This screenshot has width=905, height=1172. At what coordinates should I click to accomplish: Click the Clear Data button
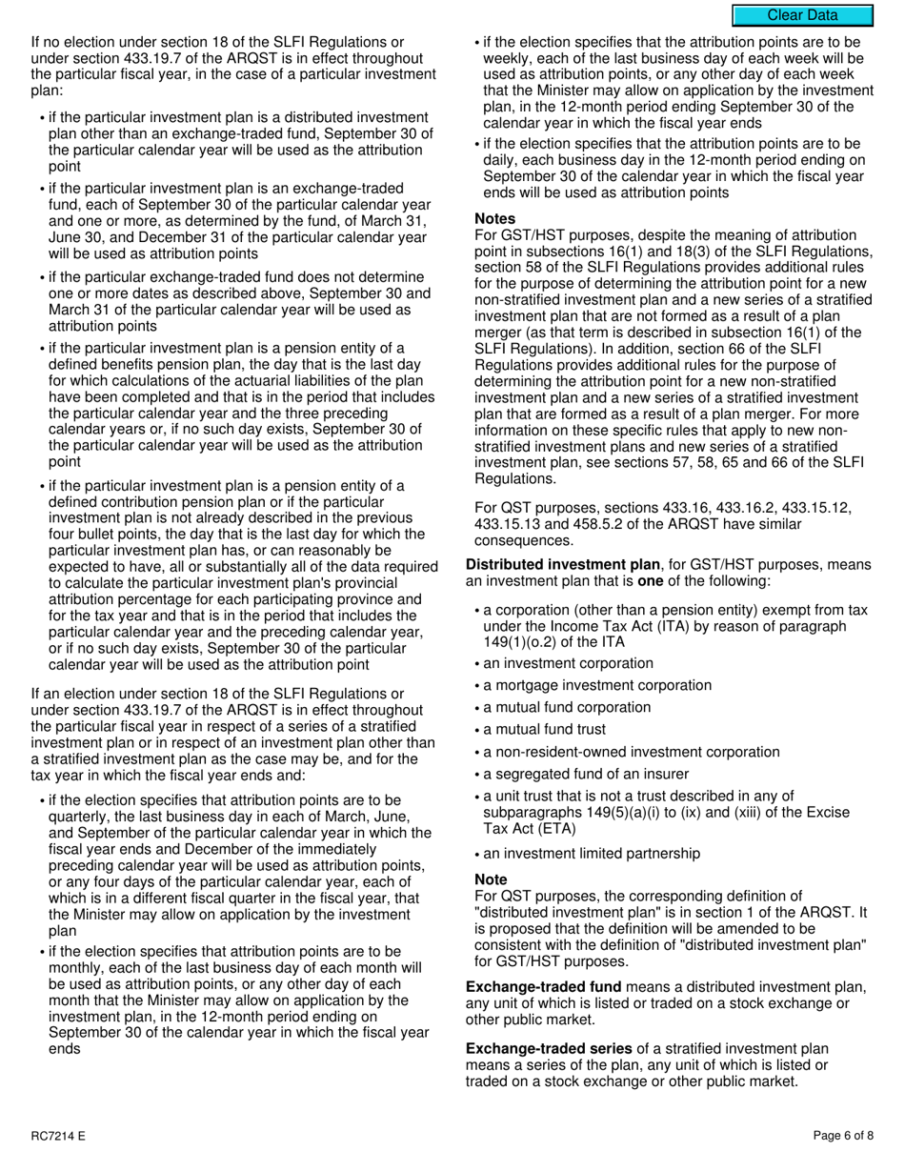coord(802,15)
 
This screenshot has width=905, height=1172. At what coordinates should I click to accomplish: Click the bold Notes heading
coord(494,219)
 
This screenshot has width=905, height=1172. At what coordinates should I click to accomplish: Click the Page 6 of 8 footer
coord(843,1136)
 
